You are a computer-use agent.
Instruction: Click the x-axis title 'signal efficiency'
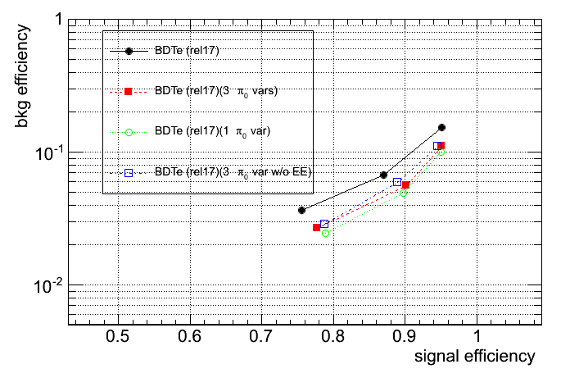pyautogui.click(x=474, y=357)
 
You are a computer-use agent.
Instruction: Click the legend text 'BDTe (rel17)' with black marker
pyautogui.click(x=185, y=51)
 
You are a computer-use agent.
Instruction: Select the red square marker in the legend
pyautogui.click(x=129, y=91)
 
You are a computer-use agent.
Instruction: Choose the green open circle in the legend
pyautogui.click(x=129, y=131)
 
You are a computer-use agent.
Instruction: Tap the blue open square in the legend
pyautogui.click(x=129, y=172)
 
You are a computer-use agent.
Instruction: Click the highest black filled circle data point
pyautogui.click(x=441, y=127)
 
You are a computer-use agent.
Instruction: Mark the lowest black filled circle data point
pyautogui.click(x=301, y=210)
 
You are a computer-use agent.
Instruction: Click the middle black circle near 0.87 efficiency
pyautogui.click(x=383, y=175)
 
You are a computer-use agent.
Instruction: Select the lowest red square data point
pyautogui.click(x=316, y=227)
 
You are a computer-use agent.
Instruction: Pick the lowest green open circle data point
pyautogui.click(x=325, y=234)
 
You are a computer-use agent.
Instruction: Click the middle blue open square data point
pyautogui.click(x=396, y=182)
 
